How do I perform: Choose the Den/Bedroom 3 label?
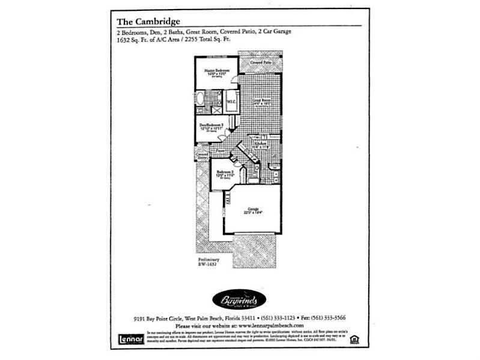click(x=212, y=126)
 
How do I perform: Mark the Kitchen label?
click(x=260, y=144)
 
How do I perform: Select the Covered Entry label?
click(x=202, y=156)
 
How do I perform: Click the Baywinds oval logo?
click(x=238, y=299)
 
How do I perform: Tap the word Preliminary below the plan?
click(x=208, y=260)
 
